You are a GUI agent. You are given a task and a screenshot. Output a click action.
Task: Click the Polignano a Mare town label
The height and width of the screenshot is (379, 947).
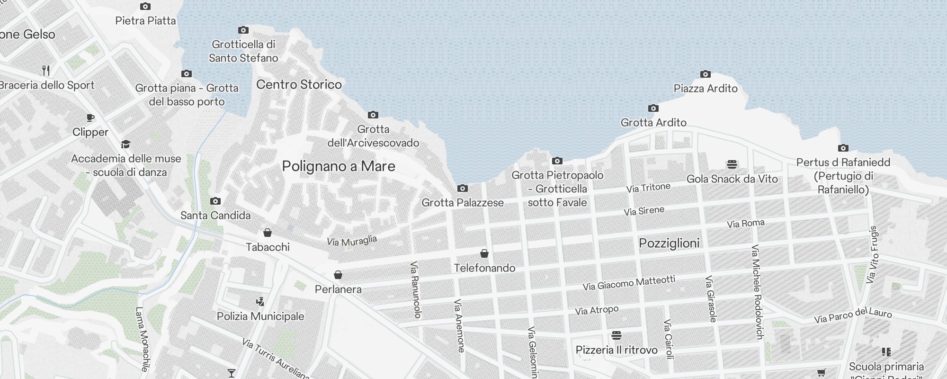(339, 166)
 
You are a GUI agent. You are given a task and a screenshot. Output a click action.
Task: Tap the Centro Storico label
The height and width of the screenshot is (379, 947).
(299, 84)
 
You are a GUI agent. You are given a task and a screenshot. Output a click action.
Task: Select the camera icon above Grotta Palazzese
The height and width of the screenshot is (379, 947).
(463, 189)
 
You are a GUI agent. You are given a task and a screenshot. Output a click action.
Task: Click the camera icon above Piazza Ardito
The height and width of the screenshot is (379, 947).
(706, 74)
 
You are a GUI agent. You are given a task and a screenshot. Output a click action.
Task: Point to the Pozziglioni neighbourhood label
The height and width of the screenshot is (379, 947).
(669, 243)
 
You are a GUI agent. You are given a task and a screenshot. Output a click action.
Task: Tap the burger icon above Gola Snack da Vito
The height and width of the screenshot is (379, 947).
(732, 165)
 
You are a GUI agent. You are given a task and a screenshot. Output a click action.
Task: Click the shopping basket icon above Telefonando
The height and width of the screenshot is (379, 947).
(484, 253)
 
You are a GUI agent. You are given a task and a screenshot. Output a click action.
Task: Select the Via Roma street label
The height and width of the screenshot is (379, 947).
(746, 223)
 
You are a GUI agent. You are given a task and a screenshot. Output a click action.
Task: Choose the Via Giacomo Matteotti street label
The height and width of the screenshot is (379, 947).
(629, 283)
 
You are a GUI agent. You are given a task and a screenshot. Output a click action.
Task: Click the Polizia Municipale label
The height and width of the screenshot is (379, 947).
(260, 316)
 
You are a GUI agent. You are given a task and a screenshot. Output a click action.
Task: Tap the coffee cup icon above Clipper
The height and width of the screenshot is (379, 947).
(90, 118)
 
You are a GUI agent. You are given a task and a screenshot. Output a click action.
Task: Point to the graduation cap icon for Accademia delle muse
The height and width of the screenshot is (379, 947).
(125, 144)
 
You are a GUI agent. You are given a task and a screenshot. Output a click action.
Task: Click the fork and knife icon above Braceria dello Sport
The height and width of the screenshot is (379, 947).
(46, 71)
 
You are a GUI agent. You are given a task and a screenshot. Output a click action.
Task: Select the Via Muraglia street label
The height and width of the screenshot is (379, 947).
(352, 241)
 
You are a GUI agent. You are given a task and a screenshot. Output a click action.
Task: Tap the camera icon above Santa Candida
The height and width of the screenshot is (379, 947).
(215, 201)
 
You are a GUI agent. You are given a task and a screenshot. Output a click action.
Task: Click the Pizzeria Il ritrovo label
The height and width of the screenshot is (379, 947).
(616, 350)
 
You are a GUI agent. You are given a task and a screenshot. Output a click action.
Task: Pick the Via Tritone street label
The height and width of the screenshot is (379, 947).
(648, 188)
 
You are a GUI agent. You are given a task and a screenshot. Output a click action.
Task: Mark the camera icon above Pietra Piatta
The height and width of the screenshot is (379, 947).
(145, 7)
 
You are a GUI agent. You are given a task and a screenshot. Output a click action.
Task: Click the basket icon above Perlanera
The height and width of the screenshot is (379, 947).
(338, 275)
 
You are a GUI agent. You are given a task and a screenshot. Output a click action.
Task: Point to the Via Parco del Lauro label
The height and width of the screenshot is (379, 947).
(853, 316)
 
